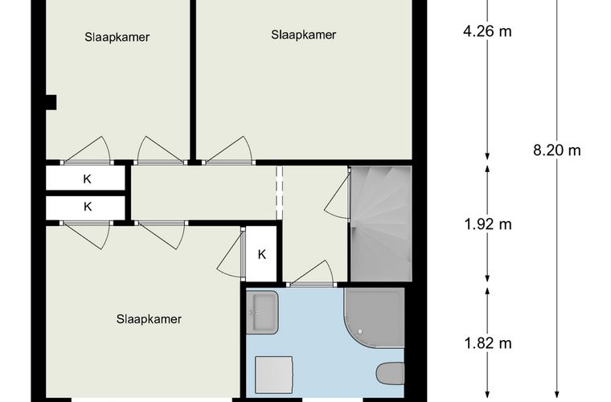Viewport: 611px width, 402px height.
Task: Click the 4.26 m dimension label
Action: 487,31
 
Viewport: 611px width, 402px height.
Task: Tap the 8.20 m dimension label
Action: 557,150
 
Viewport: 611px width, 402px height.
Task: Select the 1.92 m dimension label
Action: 488,224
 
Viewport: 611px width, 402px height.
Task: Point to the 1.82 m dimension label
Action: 488,343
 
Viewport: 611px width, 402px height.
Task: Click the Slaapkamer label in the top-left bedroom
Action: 117,37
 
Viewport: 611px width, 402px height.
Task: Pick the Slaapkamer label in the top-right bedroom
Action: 304,35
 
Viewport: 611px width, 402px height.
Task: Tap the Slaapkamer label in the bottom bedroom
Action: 149,319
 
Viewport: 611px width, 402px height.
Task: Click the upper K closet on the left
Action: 86,178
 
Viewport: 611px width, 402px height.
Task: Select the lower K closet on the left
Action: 86,207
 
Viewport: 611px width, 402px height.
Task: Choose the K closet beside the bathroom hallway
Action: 261,254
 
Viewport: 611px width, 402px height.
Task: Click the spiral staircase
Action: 381,224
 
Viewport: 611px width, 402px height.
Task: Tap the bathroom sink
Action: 262,312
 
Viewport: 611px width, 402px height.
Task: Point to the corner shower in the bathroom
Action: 374,318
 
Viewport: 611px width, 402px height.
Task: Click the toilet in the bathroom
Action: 391,373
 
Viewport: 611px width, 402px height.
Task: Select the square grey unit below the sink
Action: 273,375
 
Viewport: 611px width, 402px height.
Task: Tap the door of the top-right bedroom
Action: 228,150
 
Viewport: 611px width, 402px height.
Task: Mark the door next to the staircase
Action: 338,195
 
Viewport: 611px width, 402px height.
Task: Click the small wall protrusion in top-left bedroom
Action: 51,102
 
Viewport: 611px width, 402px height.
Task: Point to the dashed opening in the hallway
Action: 279,193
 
